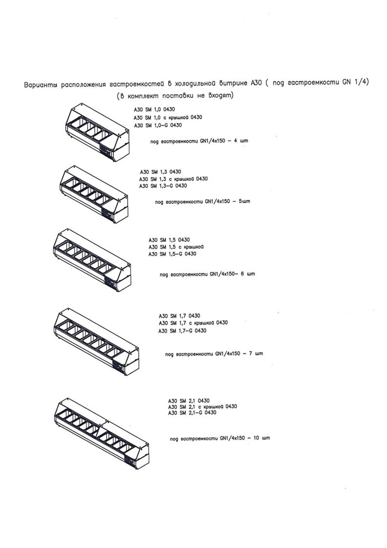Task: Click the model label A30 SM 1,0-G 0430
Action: point(158,125)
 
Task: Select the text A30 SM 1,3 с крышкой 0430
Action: point(173,179)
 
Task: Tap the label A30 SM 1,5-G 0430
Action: point(172,254)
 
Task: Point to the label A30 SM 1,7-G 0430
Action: point(182,331)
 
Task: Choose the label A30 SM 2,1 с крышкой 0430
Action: point(203,406)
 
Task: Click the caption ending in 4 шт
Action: point(199,141)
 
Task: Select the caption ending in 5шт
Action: point(203,201)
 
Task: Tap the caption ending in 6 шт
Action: point(207,274)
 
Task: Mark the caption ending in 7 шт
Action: point(214,354)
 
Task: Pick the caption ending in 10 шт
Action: point(220,438)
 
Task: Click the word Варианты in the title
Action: point(40,85)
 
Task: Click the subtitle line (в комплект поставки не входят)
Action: point(175,96)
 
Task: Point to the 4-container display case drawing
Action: point(98,132)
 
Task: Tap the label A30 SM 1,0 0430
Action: point(154,109)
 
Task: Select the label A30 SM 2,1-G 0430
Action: point(192,412)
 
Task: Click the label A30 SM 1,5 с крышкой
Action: point(176,247)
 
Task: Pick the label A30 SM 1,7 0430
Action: point(179,316)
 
